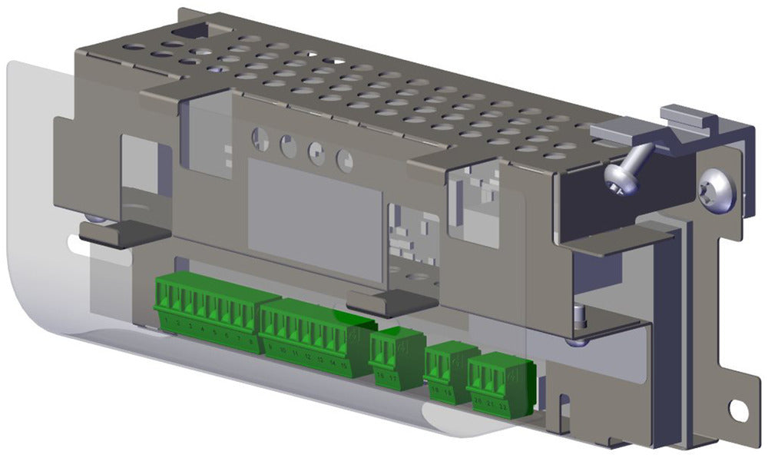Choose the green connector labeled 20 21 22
click(500, 383)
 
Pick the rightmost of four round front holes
click(345, 160)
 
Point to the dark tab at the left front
click(123, 232)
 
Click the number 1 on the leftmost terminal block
click(167, 324)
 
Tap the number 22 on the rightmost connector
click(502, 405)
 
